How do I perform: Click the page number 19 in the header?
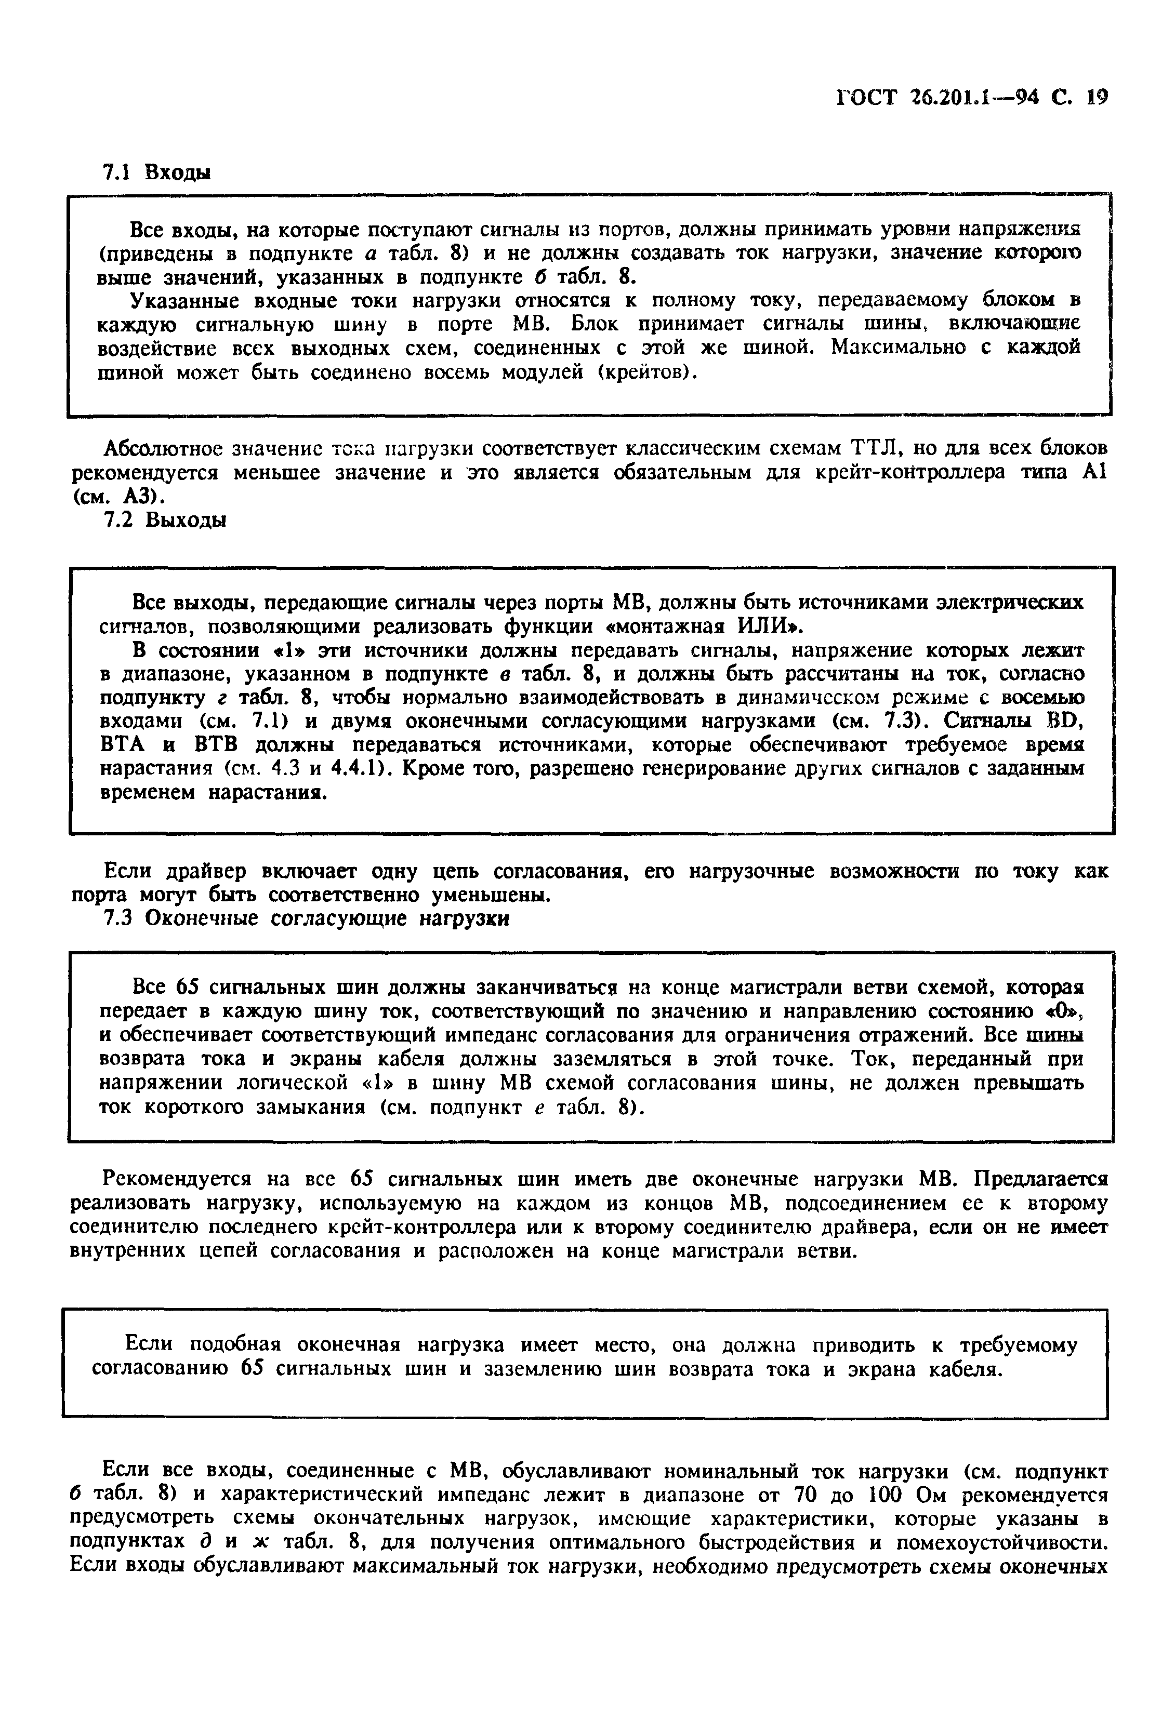[x=1095, y=98]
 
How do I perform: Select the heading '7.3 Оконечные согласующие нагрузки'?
[x=305, y=918]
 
